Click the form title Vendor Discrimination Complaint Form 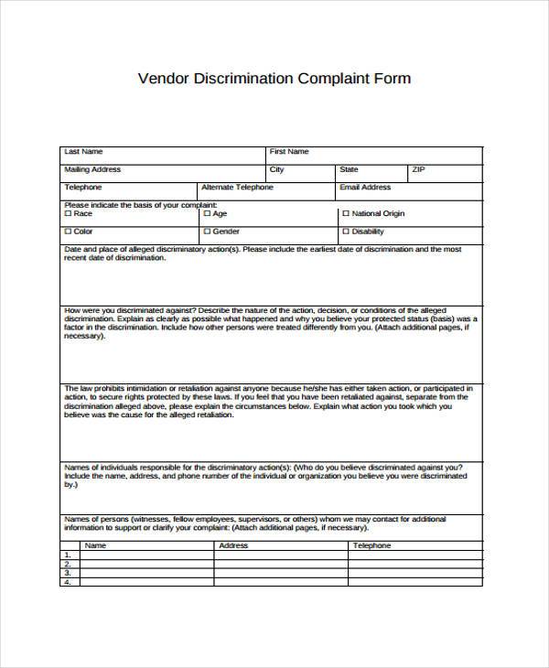pos(274,78)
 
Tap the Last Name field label pos(83,151)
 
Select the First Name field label pos(289,151)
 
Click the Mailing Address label pos(92,169)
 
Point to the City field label pos(277,169)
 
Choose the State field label pos(349,169)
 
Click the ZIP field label pos(418,169)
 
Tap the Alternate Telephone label pos(237,187)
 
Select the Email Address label pos(365,187)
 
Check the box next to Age pos(208,213)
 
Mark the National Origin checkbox pos(346,213)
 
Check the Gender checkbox pos(208,232)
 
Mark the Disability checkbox pos(346,232)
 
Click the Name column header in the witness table pos(95,545)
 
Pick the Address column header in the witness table pos(233,545)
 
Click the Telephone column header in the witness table pos(371,545)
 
